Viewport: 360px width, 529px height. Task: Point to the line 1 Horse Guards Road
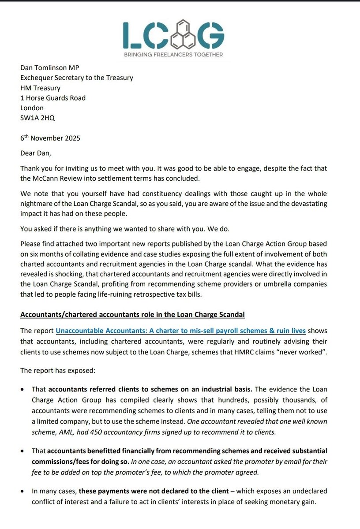(53, 98)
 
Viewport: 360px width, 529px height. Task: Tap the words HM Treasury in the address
(41, 88)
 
